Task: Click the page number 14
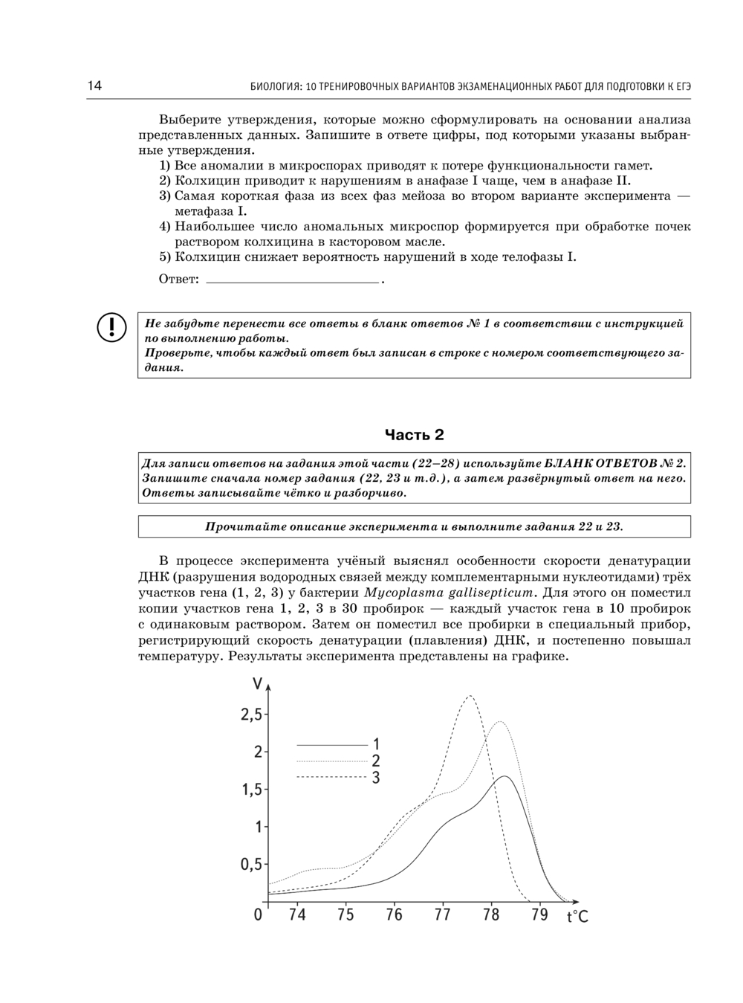point(94,86)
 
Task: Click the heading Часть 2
point(415,434)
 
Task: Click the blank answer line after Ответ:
point(292,281)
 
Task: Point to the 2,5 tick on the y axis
point(251,715)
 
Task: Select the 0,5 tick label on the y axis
point(250,865)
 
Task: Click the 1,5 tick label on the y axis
point(250,790)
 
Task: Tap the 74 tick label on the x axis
point(296,915)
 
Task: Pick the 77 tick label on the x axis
point(442,915)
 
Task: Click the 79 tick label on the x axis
point(539,915)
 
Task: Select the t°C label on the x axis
point(577,917)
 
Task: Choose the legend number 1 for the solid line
point(376,744)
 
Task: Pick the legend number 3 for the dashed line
point(376,777)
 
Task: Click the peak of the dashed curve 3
point(470,696)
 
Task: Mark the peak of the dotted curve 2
point(501,722)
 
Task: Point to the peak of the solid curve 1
point(505,776)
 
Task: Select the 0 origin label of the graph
point(258,915)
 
